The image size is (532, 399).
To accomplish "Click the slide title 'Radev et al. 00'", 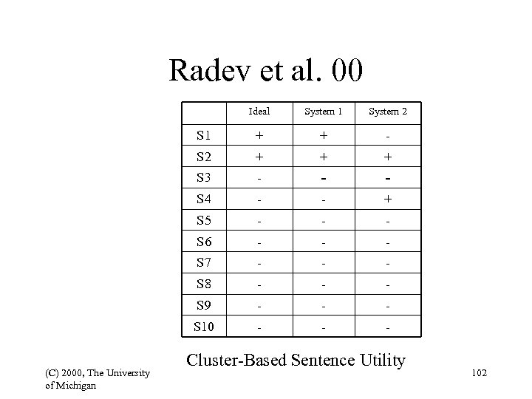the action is point(265,71).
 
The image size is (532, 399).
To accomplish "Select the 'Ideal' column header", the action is point(259,112).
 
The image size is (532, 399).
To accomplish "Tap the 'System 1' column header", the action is point(324,112).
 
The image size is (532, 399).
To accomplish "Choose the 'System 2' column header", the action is point(388,112).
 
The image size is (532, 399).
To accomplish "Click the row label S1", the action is point(203,136).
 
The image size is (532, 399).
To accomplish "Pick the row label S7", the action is point(203,263).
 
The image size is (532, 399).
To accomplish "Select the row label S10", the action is point(203,326).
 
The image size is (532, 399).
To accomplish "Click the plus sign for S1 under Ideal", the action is point(259,136).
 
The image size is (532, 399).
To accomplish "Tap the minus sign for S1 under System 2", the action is point(388,137).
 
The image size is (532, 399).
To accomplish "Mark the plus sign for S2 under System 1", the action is point(324,157).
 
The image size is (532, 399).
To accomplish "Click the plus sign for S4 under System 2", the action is point(388,198).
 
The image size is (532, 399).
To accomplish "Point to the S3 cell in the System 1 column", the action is point(324,178).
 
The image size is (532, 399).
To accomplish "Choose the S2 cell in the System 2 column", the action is point(388,157).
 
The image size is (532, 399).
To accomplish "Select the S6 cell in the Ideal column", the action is point(259,242).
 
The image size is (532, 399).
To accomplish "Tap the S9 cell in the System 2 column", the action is point(388,305).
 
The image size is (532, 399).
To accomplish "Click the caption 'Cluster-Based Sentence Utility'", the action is point(296,360).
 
